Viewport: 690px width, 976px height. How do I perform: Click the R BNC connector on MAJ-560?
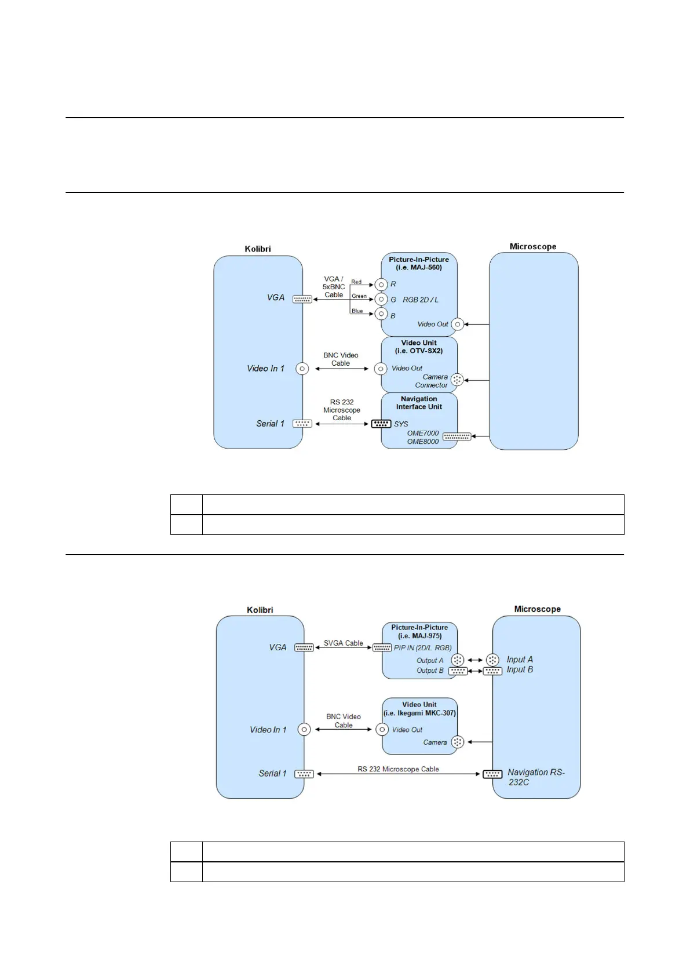pyautogui.click(x=381, y=285)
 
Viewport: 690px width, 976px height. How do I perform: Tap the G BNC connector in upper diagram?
pyautogui.click(x=381, y=299)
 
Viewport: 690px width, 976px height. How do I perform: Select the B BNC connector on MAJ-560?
pyautogui.click(x=381, y=314)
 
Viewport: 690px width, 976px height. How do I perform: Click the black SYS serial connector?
pyautogui.click(x=381, y=424)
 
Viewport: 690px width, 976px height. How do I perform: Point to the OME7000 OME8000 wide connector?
pyautogui.click(x=457, y=437)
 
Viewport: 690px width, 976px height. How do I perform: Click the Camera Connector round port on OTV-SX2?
pyautogui.click(x=457, y=380)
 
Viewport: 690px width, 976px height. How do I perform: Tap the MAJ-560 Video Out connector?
pyautogui.click(x=457, y=325)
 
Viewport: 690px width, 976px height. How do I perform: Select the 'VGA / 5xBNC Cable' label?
pyautogui.click(x=334, y=287)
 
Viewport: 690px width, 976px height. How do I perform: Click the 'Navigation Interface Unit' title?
pyautogui.click(x=419, y=403)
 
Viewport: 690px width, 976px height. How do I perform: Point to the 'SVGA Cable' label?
pyautogui.click(x=343, y=643)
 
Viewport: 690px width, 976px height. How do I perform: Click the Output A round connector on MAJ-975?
pyautogui.click(x=457, y=660)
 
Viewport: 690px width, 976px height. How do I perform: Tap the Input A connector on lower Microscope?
pyautogui.click(x=492, y=660)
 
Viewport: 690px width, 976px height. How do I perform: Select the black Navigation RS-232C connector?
pyautogui.click(x=492, y=774)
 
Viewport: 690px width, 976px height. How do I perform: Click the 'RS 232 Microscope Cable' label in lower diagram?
pyautogui.click(x=398, y=769)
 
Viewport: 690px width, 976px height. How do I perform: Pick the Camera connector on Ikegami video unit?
pyautogui.click(x=457, y=742)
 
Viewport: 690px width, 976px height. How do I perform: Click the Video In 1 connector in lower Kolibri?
pyautogui.click(x=304, y=730)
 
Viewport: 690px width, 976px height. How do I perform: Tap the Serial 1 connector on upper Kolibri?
pyautogui.click(x=302, y=424)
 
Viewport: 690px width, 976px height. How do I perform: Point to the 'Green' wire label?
pyautogui.click(x=359, y=296)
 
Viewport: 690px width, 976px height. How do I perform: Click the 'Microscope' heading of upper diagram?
pyautogui.click(x=532, y=246)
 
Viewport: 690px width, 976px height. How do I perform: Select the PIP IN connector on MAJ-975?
pyautogui.click(x=382, y=648)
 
